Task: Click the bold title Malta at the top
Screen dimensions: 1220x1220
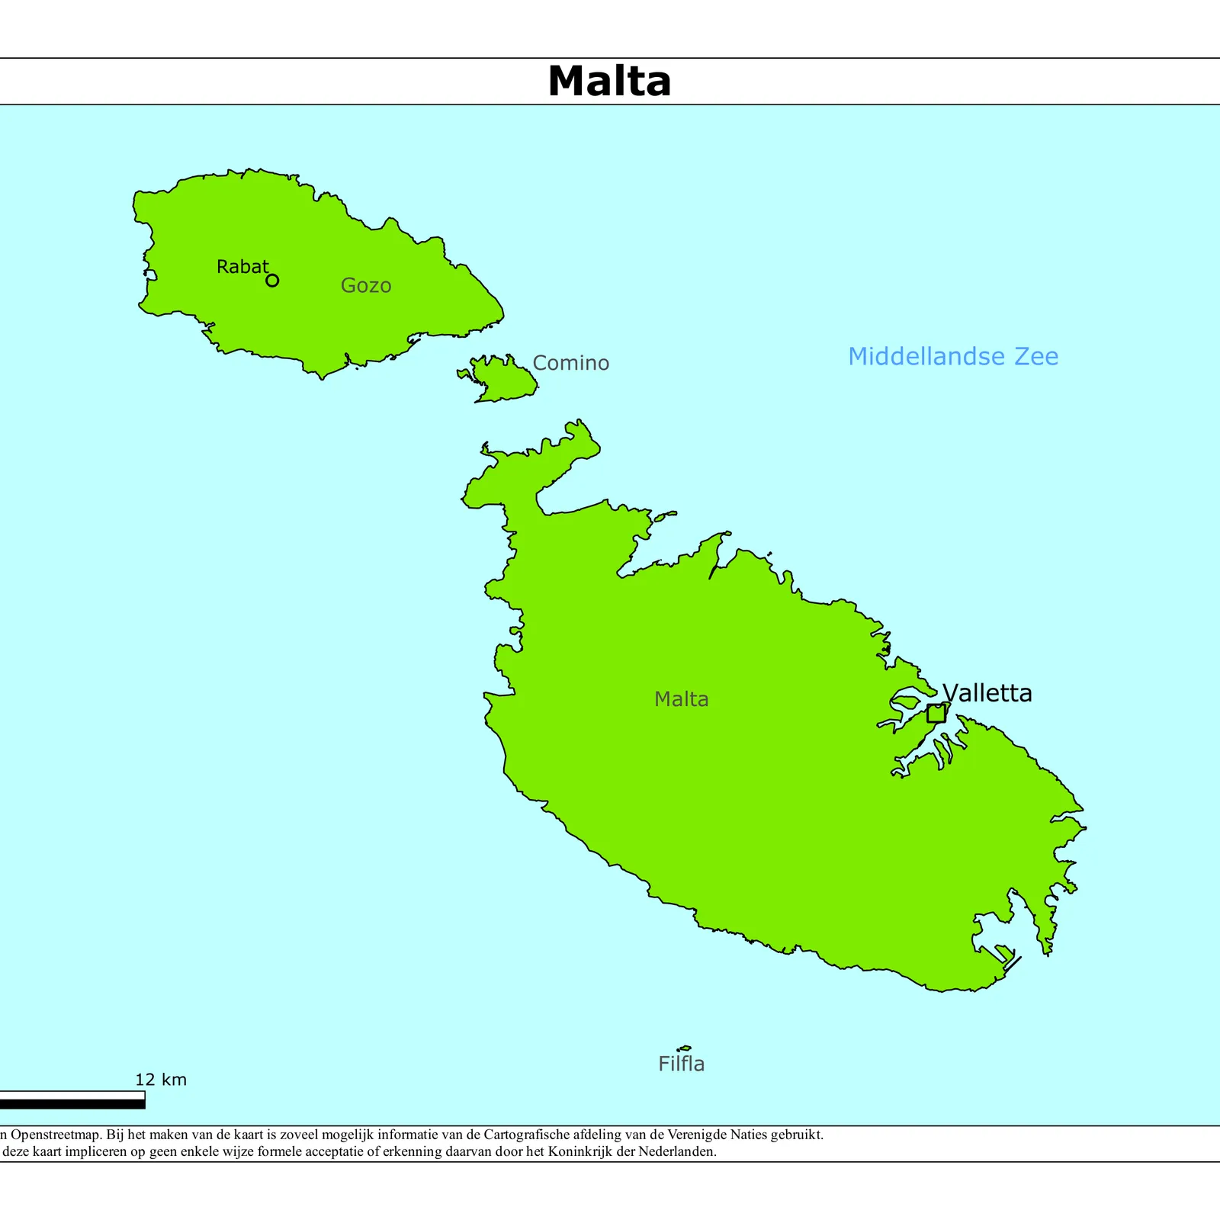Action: (609, 81)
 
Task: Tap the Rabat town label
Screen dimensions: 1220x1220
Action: (242, 267)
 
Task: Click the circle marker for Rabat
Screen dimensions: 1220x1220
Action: (272, 281)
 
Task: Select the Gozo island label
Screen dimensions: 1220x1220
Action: (366, 285)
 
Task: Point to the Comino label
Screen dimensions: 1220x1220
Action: (570, 363)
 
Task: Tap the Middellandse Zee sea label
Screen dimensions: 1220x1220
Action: (953, 356)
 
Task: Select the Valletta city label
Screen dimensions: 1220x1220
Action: (987, 692)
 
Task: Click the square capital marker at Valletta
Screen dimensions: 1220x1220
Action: (936, 714)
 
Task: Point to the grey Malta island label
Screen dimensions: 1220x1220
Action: (681, 699)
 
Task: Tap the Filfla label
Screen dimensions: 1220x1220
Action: (681, 1064)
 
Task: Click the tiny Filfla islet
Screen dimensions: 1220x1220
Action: (684, 1048)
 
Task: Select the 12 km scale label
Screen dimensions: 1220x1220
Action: (161, 1079)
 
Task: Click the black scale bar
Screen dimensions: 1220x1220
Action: (72, 1103)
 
